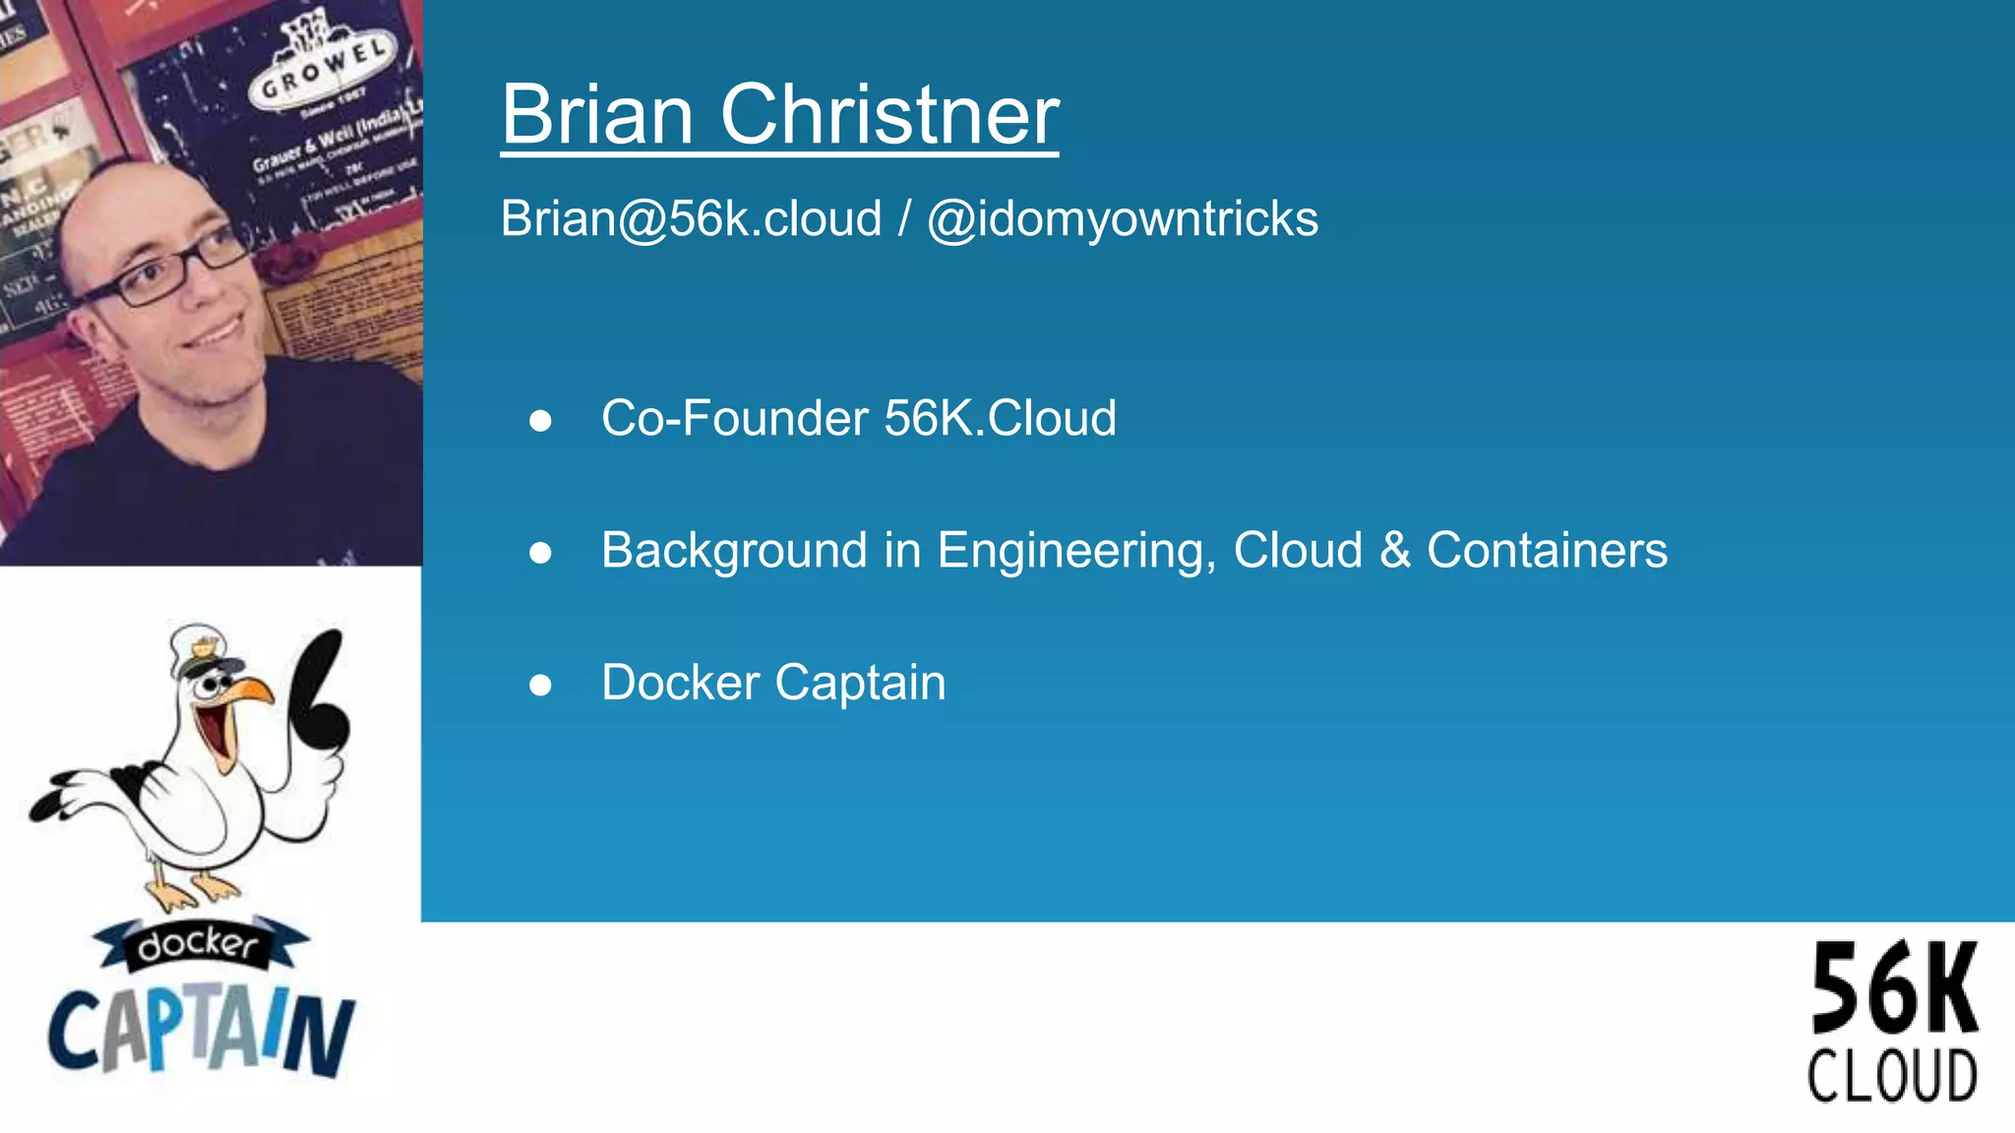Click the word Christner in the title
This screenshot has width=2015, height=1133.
(889, 115)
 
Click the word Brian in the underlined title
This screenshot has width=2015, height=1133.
(598, 115)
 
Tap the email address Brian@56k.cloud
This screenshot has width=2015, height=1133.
(691, 218)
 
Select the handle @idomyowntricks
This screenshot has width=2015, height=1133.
(1123, 218)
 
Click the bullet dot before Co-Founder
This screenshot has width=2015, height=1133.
(540, 421)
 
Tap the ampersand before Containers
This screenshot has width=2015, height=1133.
(1395, 550)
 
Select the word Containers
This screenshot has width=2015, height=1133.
(1547, 550)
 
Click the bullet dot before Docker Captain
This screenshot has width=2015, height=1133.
(540, 685)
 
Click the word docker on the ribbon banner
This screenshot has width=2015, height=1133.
(199, 945)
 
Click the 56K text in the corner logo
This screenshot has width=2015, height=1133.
(1894, 988)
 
